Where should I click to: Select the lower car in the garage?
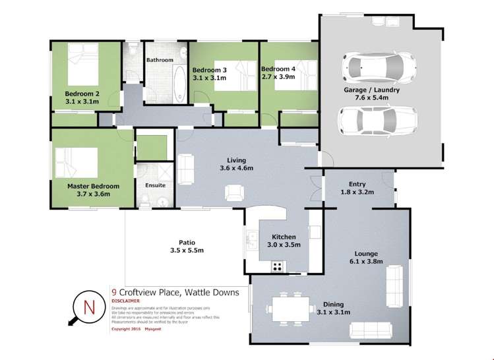coord(373,120)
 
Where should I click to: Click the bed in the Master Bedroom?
coord(77,162)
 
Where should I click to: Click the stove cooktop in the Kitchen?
coord(278,266)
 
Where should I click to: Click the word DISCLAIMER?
coord(127,299)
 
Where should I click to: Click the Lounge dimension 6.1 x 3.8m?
coord(355,260)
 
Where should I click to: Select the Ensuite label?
coord(155,185)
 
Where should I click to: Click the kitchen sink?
coord(251,237)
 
